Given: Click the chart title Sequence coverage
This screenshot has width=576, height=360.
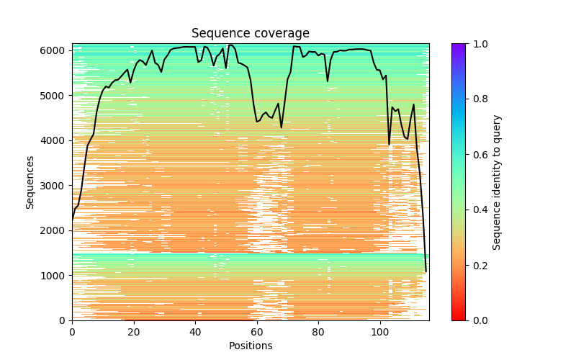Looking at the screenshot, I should coord(250,33).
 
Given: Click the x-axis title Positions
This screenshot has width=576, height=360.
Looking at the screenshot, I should coord(250,346).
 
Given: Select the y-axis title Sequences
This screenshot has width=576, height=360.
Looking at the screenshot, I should coord(30,181).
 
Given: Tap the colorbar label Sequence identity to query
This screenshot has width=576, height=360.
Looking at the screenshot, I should coord(497,181).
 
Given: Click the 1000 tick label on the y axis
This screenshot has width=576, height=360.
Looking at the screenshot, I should coord(55,275).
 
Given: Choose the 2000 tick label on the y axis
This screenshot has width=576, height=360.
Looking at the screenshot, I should coord(55,230).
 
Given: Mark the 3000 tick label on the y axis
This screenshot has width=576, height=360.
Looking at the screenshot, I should coord(55,185).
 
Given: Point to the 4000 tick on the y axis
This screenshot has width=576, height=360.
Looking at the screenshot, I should coord(55,140).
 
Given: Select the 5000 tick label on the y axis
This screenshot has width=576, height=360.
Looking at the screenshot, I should coord(55,95).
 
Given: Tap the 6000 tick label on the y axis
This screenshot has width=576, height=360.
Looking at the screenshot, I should coord(55,50).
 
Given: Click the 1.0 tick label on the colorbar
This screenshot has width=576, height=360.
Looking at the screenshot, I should coord(477,44).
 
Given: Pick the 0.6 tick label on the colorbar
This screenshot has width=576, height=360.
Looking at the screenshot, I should coord(477,154).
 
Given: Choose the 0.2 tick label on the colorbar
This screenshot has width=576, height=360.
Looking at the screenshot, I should coord(477,265).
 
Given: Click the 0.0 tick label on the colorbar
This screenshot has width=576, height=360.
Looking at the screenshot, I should coord(477,320).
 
